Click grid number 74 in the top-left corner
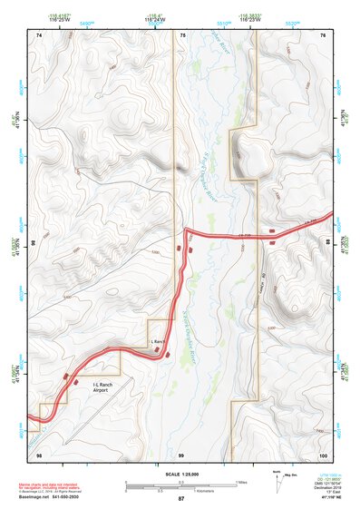[x=39, y=34]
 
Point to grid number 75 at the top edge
[x=181, y=34]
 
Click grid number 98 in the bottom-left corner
[x=39, y=454]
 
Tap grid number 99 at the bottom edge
[x=181, y=454]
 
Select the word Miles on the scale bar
[x=241, y=482]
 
